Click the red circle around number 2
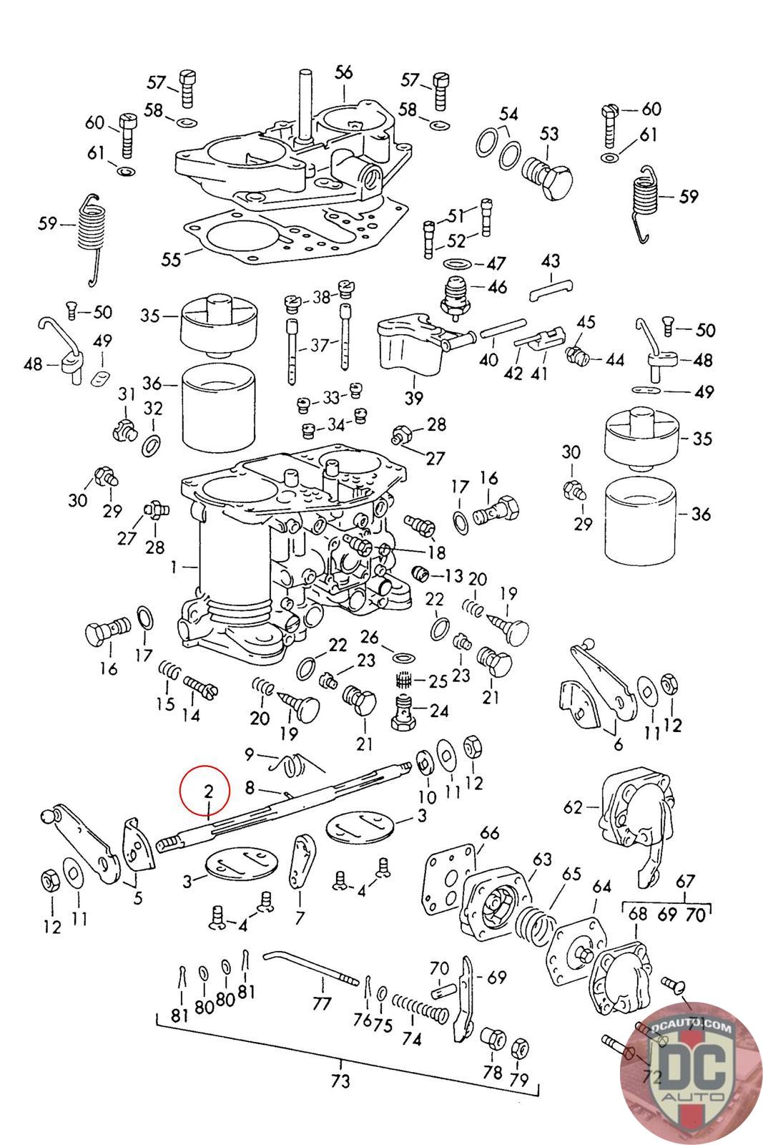point(205,790)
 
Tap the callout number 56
point(344,72)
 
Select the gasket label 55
point(171,259)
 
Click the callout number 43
point(550,261)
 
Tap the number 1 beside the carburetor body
point(174,567)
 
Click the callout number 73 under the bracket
point(340,1081)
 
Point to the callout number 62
point(573,807)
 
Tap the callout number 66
point(489,833)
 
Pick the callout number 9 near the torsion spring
point(250,754)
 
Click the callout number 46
point(498,287)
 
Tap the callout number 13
point(453,575)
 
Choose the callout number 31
point(127,394)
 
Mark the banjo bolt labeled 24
point(405,711)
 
